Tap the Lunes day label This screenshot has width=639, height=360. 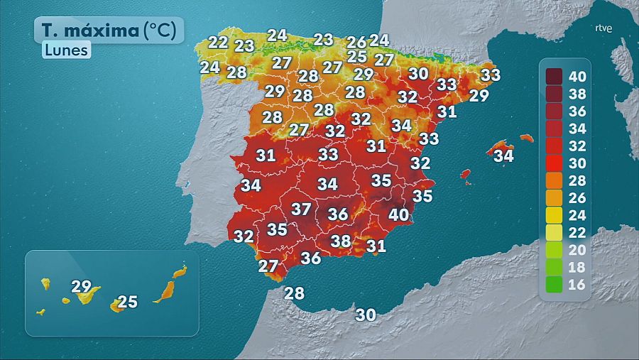click(65, 50)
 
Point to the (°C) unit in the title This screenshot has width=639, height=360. click(163, 31)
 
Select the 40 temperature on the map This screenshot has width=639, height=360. click(398, 214)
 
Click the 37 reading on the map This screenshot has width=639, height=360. click(301, 209)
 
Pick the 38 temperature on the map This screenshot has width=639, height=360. click(341, 241)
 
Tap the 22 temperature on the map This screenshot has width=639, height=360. click(218, 42)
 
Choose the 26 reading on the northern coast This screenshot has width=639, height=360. click(357, 42)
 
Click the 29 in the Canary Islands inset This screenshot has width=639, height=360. click(82, 287)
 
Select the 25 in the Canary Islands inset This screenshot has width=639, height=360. click(127, 302)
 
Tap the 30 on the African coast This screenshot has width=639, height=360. click(366, 315)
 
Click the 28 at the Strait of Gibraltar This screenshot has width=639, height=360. click(294, 293)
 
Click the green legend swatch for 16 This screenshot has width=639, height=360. click(554, 286)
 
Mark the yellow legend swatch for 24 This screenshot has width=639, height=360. click(554, 216)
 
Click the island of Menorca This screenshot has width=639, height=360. click(526, 138)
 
